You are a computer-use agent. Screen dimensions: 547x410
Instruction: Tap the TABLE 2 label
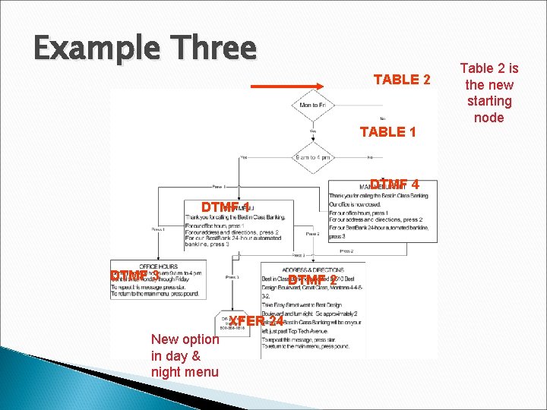[402, 80]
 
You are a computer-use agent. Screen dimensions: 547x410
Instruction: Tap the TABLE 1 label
[387, 132]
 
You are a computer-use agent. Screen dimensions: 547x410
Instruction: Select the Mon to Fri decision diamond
[314, 106]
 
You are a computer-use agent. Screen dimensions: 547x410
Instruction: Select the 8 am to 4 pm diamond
[314, 157]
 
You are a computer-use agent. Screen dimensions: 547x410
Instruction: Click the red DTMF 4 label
[394, 184]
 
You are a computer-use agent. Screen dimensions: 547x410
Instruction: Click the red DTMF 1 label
[226, 207]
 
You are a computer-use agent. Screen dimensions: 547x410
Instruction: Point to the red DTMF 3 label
[134, 275]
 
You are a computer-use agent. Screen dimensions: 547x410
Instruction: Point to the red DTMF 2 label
[312, 281]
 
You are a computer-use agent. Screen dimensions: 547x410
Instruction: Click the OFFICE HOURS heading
[158, 266]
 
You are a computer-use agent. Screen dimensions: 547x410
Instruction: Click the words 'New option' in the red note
[185, 339]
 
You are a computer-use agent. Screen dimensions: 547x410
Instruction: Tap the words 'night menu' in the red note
[185, 372]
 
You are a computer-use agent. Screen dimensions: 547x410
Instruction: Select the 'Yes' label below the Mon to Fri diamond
[313, 131]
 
